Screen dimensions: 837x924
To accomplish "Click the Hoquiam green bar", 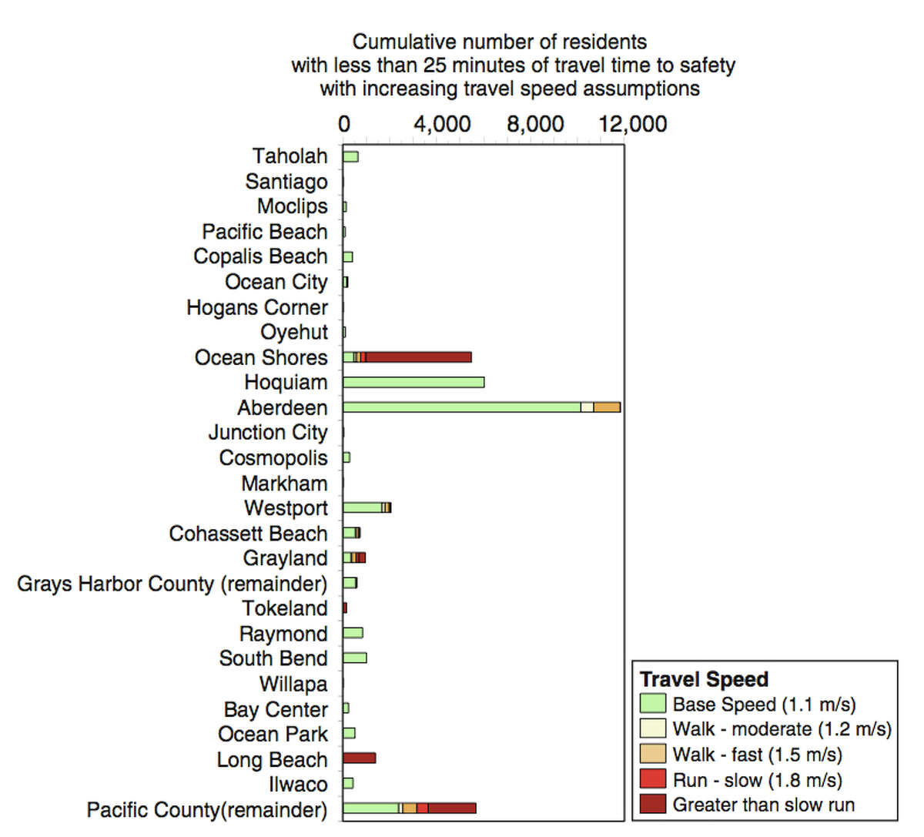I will tap(413, 383).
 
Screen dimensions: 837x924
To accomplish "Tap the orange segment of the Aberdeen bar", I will tap(607, 407).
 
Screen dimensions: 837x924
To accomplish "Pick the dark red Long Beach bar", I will tap(359, 758).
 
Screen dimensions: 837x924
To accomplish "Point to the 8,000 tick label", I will tap(535, 125).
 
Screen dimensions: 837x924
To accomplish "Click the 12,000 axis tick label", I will tap(633, 125).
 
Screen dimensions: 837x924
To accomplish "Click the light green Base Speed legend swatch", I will tap(652, 704).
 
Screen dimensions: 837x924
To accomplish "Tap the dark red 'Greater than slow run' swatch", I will tap(652, 805).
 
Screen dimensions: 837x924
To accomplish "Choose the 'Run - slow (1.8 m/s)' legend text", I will tap(757, 780).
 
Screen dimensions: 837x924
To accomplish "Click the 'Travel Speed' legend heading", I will tap(704, 679).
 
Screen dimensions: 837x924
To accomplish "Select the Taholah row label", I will tap(290, 156).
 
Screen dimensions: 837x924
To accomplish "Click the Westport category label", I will tap(286, 508).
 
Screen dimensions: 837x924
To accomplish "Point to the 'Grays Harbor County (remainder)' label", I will tap(172, 584).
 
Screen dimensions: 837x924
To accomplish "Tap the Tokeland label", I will tap(285, 608).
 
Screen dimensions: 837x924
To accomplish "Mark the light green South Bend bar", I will tap(354, 658).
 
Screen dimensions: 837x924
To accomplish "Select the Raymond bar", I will tap(353, 633).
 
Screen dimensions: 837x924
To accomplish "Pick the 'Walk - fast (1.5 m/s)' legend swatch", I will tap(652, 754).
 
